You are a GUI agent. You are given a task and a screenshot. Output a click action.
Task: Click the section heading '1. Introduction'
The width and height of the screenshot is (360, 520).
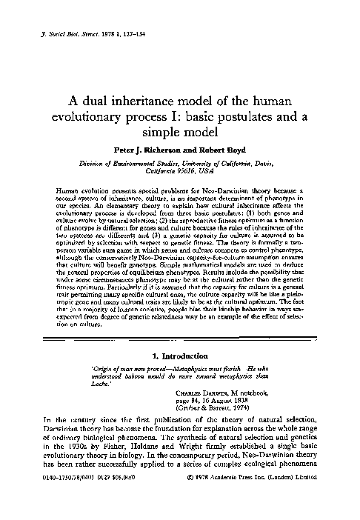179,354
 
